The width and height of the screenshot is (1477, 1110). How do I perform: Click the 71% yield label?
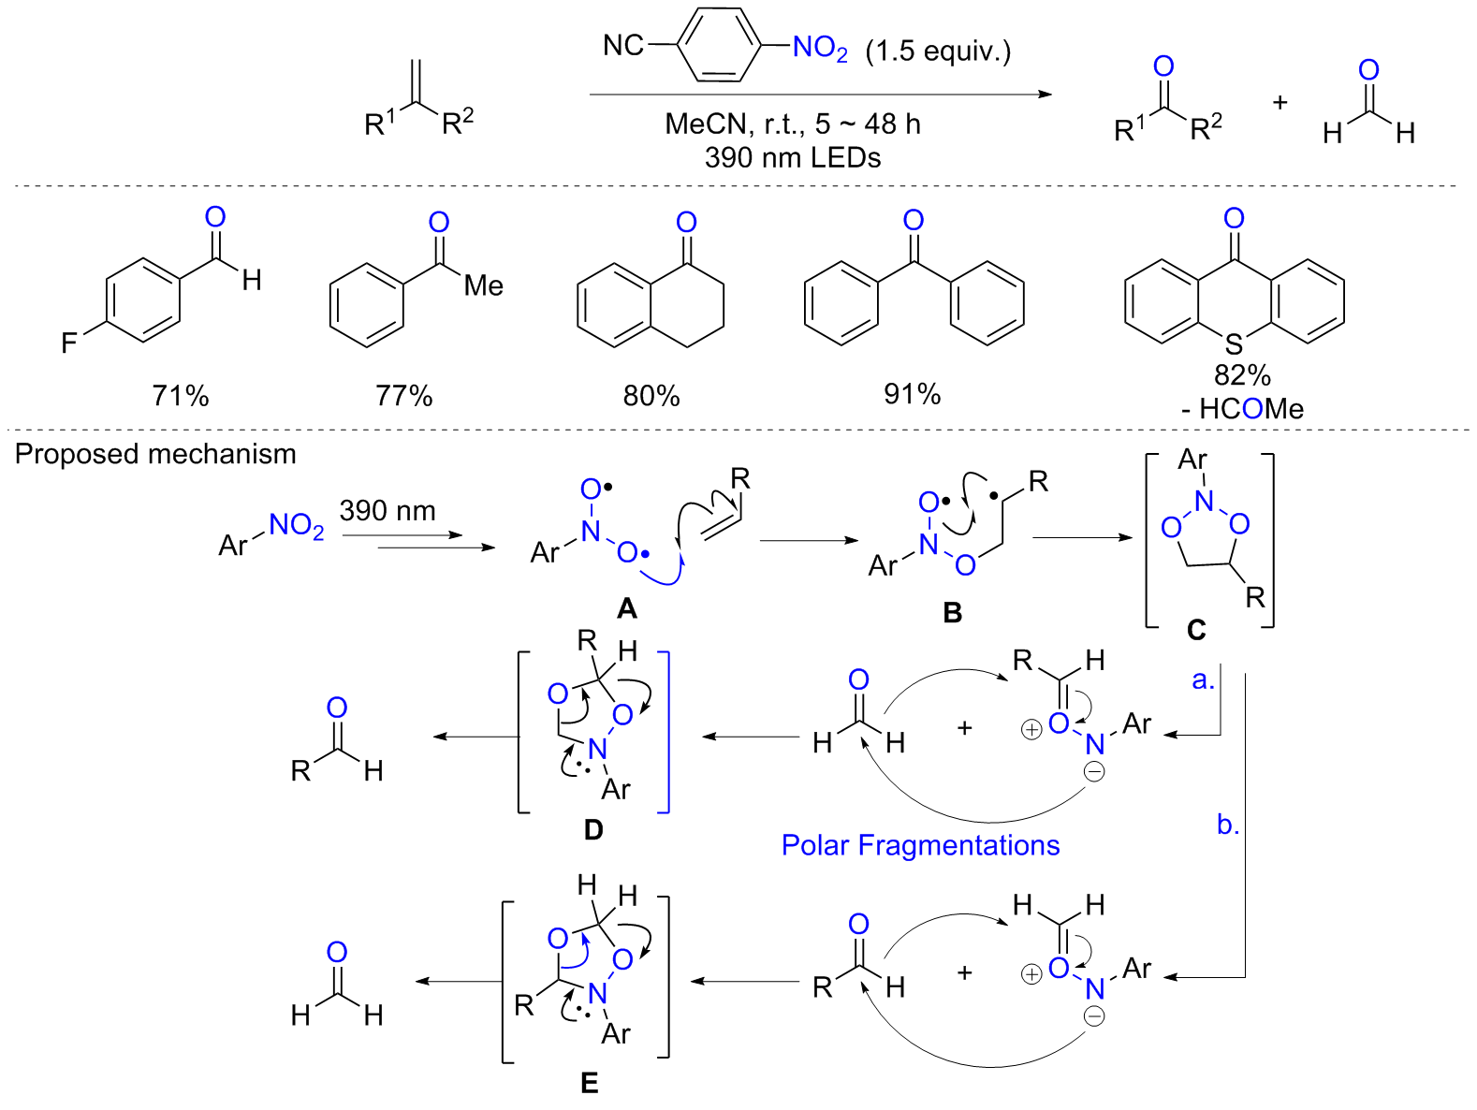181,396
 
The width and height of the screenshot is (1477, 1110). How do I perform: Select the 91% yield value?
912,394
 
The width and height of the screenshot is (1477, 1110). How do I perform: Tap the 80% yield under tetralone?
651,396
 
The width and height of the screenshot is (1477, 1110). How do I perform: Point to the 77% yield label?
404,396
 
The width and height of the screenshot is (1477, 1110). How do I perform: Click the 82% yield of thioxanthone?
1242,375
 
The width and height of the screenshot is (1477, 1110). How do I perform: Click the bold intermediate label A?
626,609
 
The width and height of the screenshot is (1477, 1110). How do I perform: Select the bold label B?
953,612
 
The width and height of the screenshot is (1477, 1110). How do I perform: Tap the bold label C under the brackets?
1196,631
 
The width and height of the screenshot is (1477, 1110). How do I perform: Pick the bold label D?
593,830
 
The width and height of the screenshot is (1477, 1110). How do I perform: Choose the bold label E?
589,1083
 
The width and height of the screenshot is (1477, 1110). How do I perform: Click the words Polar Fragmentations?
920,845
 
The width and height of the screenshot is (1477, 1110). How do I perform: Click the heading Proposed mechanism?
155,454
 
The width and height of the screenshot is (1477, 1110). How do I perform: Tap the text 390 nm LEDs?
793,157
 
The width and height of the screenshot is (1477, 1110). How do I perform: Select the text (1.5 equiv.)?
938,51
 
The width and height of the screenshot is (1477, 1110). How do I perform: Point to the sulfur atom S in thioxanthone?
1235,343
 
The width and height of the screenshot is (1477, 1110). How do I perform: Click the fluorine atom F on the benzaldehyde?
69,343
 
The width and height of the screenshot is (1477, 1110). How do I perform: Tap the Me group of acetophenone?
484,285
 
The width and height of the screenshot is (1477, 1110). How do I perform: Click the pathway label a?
1203,680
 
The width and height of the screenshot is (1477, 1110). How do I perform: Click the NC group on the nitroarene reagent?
623,45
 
